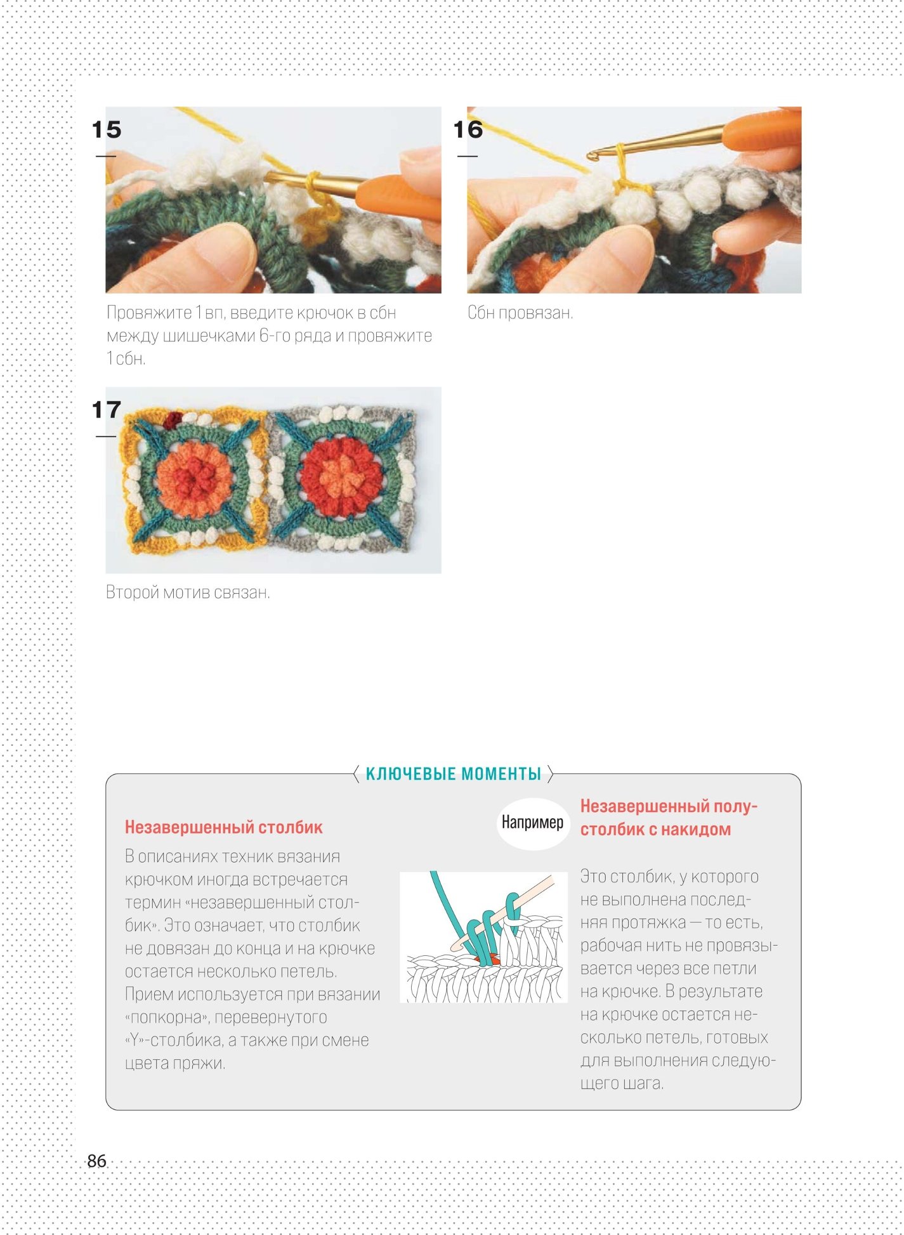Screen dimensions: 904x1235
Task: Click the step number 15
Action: [x=106, y=129]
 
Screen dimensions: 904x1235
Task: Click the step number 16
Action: [x=468, y=129]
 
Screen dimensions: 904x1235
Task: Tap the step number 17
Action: [x=106, y=410]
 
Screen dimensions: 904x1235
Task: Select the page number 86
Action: [x=96, y=1161]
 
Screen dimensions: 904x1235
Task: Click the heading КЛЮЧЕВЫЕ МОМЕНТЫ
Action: [x=454, y=774]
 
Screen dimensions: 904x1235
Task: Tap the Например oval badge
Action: [x=532, y=823]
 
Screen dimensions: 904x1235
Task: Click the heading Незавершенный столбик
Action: [x=223, y=827]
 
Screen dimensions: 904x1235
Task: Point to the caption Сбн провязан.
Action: [x=520, y=313]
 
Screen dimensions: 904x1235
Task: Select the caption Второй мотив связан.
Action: [x=188, y=592]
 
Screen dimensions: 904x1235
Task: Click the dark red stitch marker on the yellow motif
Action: [x=173, y=419]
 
